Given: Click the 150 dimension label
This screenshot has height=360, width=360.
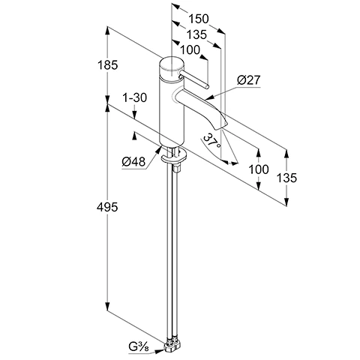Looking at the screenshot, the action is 198,19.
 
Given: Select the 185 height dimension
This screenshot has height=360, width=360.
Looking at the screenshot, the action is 107,65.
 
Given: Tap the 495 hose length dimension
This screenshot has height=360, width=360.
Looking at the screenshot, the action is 107,207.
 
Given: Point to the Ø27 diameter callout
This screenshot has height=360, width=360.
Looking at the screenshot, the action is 249,80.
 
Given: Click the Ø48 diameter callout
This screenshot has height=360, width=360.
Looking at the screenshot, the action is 133,162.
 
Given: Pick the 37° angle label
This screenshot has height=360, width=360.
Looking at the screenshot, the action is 212,141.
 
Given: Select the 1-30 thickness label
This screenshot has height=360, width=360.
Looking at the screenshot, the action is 134,97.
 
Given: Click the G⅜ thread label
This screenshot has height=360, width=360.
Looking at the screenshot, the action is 139,346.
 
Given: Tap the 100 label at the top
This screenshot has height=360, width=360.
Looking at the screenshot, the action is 190,50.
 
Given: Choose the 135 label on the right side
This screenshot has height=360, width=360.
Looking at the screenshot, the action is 286,178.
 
